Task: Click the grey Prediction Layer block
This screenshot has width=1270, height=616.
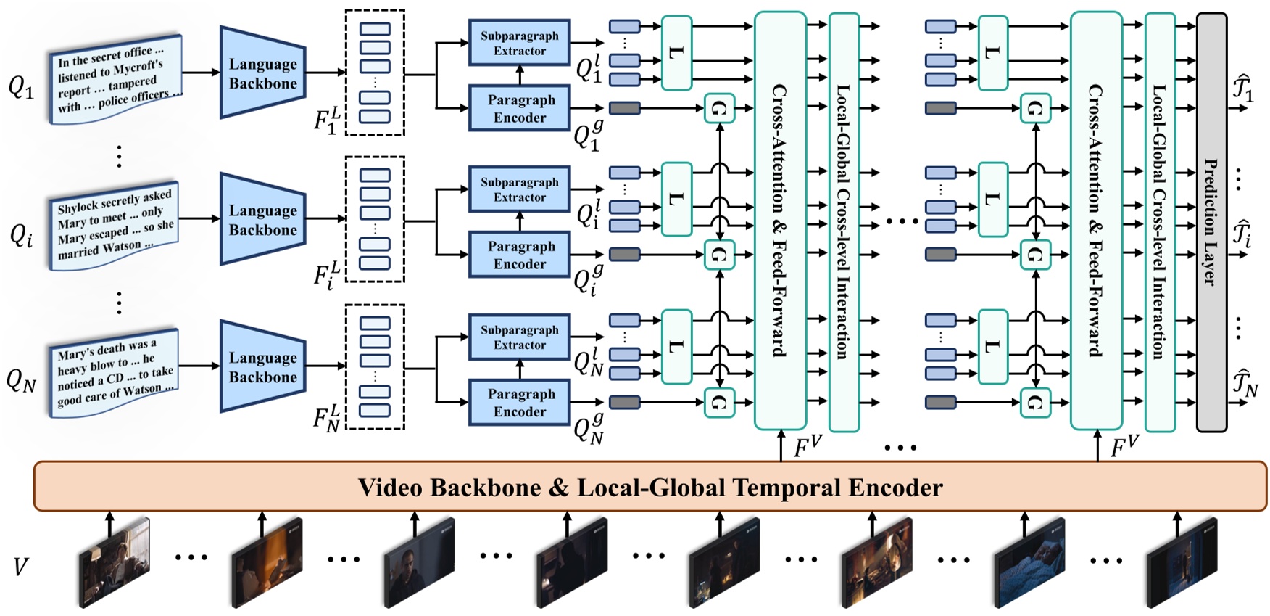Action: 1211,221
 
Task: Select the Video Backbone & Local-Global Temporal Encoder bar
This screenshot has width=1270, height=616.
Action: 650,486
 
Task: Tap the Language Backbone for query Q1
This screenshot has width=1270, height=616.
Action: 262,73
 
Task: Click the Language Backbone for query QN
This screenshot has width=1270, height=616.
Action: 262,367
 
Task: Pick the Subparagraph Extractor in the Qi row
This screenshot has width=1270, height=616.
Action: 519,189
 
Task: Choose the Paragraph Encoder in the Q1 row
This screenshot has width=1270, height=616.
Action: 519,108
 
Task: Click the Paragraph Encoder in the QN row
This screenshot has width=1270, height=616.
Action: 519,402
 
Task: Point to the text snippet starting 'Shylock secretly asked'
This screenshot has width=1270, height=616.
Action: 115,225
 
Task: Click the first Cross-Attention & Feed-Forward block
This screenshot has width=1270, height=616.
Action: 780,221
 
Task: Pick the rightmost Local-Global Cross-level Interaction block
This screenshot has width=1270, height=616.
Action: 1159,221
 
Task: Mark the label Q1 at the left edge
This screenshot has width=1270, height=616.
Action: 21,87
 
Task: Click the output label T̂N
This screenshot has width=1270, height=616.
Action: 1245,383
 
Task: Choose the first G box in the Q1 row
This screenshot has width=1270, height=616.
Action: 718,109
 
